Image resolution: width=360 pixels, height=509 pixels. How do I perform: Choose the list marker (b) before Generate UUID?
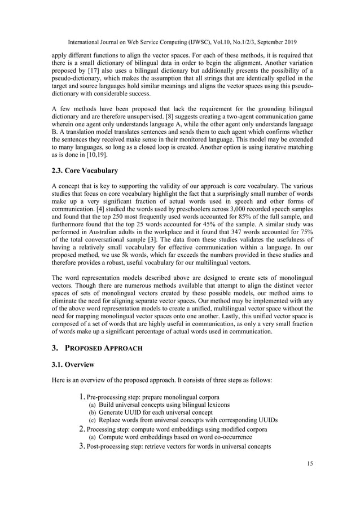93,413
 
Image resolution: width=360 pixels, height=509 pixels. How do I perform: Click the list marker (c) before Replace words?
93,420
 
